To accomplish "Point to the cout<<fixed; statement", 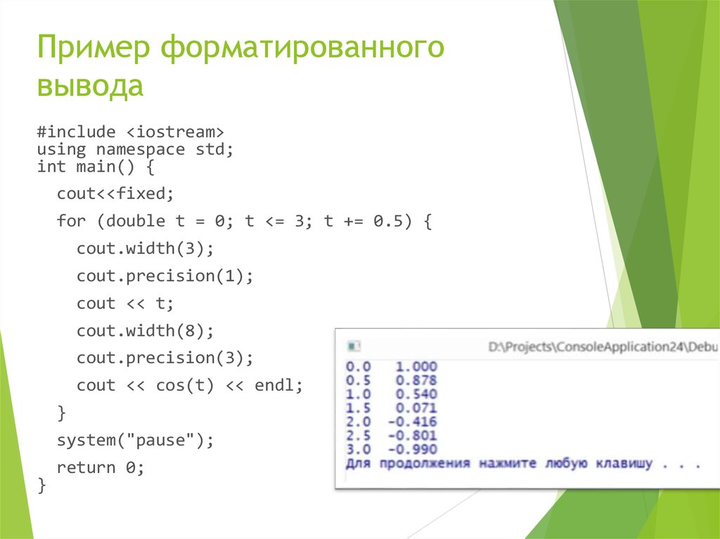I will (x=115, y=193).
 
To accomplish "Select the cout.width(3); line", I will (x=144, y=248).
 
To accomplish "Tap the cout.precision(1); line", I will (x=165, y=275).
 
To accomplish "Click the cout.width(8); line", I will (x=144, y=330).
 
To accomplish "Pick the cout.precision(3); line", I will (x=165, y=358).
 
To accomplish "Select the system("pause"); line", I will (x=134, y=440).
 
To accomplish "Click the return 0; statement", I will (x=101, y=467).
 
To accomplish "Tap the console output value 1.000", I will (x=416, y=367).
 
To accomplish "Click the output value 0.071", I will (x=416, y=408).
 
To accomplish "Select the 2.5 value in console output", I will (x=359, y=436).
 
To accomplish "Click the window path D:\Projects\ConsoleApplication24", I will (x=591, y=347).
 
